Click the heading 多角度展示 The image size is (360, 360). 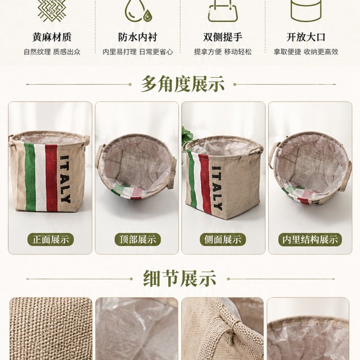point(183,84)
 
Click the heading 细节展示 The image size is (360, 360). point(180,278)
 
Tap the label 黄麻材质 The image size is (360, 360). point(52,37)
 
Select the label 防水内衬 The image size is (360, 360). point(138,37)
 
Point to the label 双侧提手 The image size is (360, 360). point(223,37)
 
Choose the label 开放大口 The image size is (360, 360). point(306,37)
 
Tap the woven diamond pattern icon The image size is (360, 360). point(52,9)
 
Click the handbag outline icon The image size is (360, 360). point(223,10)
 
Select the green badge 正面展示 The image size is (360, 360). point(51,239)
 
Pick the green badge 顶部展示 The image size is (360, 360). point(138,239)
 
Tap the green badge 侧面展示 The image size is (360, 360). point(223,239)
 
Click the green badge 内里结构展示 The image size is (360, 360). point(310,239)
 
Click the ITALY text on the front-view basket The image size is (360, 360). point(65,179)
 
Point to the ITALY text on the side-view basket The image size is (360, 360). point(217,188)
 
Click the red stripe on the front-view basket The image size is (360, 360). point(51,178)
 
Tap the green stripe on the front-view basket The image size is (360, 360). point(31,176)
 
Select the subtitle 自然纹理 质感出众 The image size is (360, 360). point(52,52)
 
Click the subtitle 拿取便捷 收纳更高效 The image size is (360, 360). point(306,52)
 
